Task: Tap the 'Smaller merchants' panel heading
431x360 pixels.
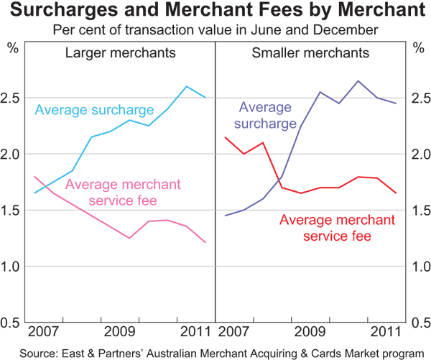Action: tap(311, 53)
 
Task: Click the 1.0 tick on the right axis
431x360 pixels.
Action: tap(419, 267)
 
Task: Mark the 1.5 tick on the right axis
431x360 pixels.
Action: tap(419, 211)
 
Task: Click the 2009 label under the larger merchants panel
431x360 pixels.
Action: tap(119, 332)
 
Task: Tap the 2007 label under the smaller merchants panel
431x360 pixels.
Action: tap(235, 332)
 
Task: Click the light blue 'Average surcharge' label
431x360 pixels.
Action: tap(94, 110)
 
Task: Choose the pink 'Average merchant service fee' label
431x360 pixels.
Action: tap(123, 192)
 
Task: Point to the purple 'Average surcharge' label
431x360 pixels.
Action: tap(265, 115)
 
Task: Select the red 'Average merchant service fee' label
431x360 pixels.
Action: tap(337, 227)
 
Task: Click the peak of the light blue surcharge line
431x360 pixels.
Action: tap(187, 87)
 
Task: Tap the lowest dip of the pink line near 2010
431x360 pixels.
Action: tap(130, 238)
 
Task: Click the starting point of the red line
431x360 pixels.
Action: tap(226, 137)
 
